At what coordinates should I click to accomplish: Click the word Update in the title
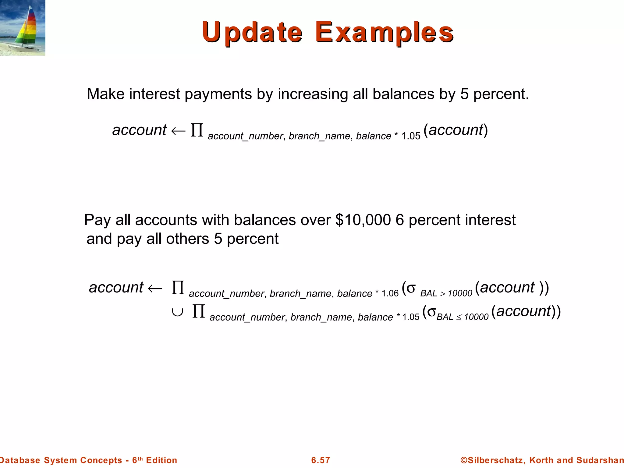click(x=252, y=32)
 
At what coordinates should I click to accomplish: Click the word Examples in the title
click(x=384, y=32)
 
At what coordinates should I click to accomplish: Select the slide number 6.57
click(x=321, y=460)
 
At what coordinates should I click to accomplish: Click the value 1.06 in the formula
click(x=390, y=293)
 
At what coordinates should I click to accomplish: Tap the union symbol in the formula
click(x=177, y=312)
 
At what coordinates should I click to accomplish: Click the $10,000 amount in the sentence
click(x=363, y=220)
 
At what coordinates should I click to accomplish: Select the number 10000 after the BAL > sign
click(x=460, y=293)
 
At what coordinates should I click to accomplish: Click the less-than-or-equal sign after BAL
click(x=459, y=318)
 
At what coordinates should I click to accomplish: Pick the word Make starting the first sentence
click(x=106, y=94)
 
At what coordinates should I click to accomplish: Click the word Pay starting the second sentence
click(x=97, y=220)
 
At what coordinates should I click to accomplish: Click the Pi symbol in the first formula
click(x=197, y=130)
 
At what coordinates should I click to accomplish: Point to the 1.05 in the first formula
click(x=411, y=136)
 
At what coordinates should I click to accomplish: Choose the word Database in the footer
click(x=20, y=460)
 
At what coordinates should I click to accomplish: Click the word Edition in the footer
click(x=161, y=460)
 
